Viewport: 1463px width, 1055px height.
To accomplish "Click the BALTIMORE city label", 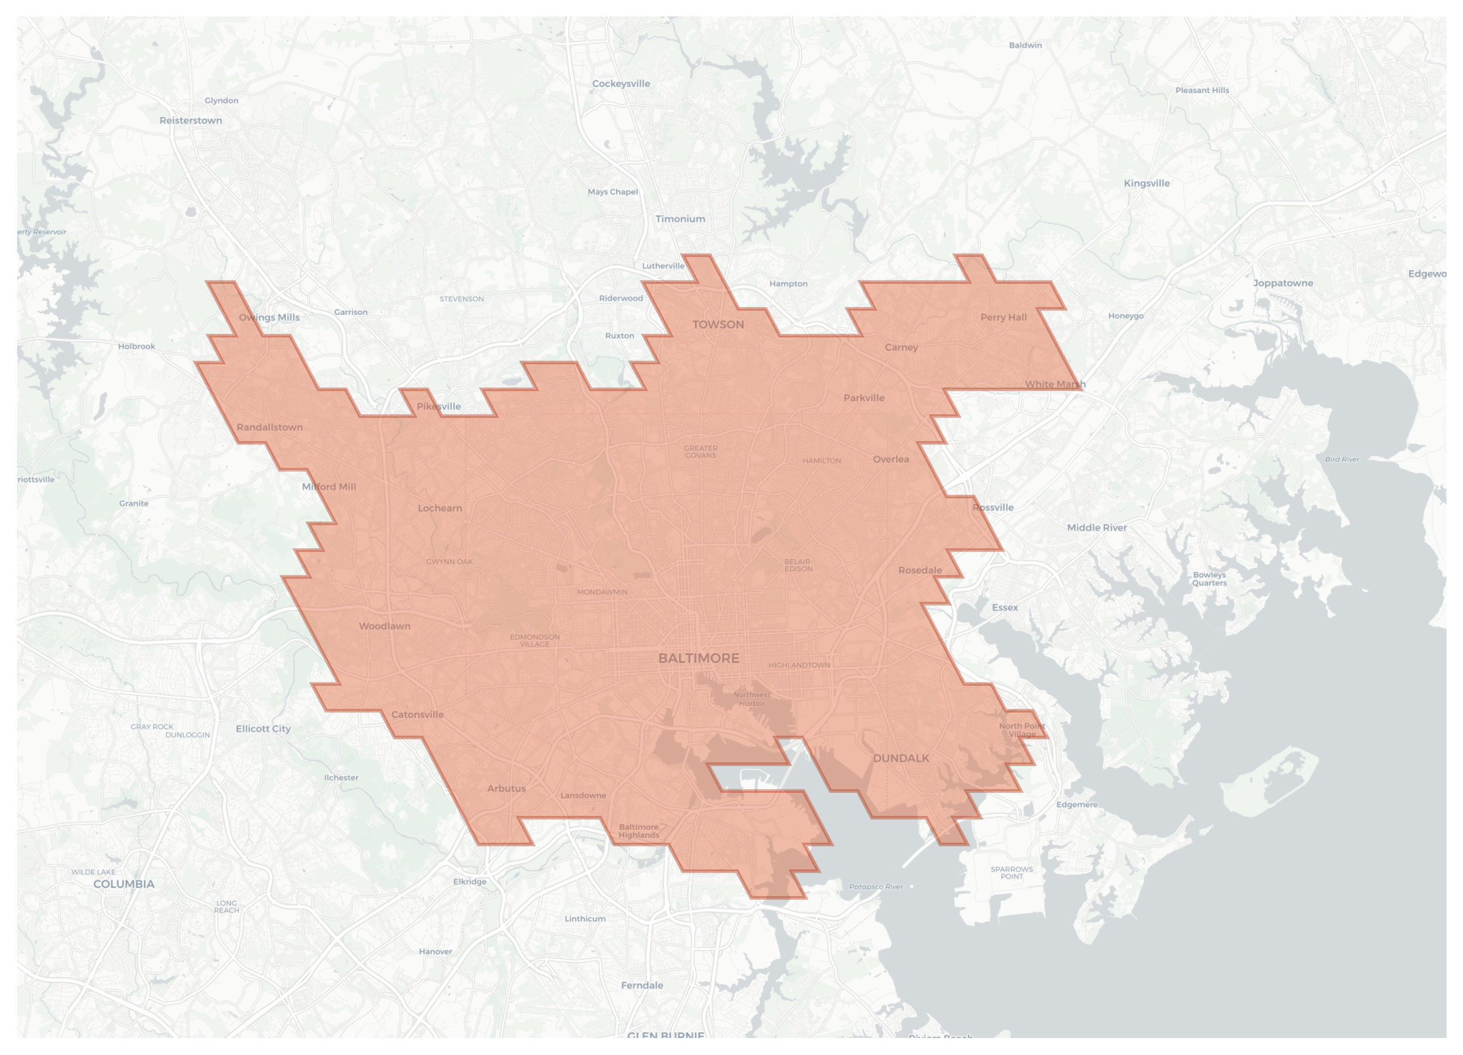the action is [x=699, y=658].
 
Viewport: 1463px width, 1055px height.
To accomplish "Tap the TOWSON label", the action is [x=718, y=325].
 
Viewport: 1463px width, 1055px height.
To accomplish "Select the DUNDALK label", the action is [x=900, y=758].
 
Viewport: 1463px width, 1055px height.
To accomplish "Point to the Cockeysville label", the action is [x=621, y=84].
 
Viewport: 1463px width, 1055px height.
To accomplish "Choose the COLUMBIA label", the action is [x=124, y=884].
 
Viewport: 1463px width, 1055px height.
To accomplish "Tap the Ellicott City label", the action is [x=263, y=729].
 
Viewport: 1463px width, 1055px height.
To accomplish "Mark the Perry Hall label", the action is [x=1003, y=317].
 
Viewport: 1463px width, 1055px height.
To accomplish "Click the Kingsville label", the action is [x=1146, y=183].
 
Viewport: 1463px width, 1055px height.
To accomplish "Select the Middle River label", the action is [x=1097, y=528].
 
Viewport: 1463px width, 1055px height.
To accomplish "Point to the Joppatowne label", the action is [x=1283, y=283].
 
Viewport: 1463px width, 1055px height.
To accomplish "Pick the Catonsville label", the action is [x=418, y=714].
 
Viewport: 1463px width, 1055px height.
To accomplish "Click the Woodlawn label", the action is [x=385, y=626].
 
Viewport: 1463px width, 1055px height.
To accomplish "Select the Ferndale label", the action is [x=642, y=985].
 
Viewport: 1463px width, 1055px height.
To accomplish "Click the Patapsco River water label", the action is [x=876, y=886].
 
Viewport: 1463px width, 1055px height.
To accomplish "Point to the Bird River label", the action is [x=1342, y=460].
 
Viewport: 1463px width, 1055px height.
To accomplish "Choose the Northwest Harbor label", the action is [x=752, y=699].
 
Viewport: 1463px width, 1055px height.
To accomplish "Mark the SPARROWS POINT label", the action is [x=1011, y=872].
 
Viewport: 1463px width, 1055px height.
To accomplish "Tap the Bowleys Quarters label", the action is [x=1209, y=579].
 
